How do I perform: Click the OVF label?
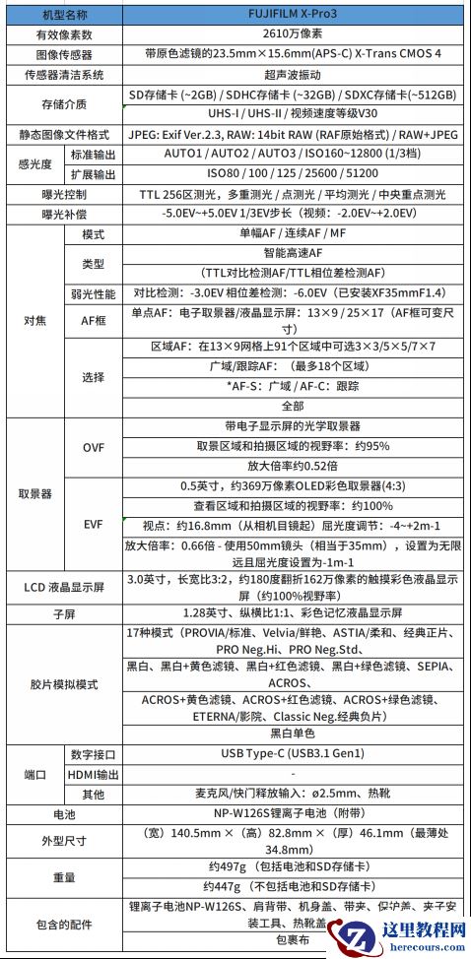[94, 447]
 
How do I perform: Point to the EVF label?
[94, 524]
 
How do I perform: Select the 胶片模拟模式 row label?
[64, 683]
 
